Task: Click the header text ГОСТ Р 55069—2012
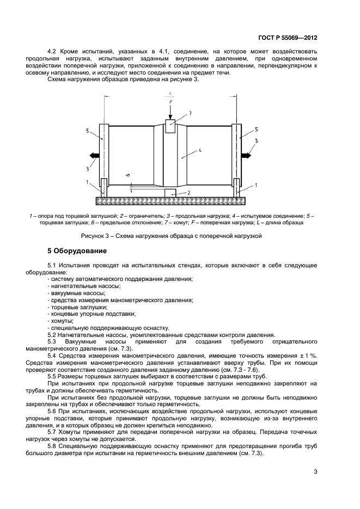[x=286, y=38]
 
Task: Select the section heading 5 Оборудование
[x=78, y=251]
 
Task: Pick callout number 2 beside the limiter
[x=188, y=193]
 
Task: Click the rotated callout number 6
[x=127, y=175]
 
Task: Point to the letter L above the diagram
[x=170, y=94]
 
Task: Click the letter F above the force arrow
[x=170, y=102]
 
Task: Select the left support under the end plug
[x=102, y=187]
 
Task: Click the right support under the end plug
[x=237, y=187]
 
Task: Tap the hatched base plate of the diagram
[x=170, y=200]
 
